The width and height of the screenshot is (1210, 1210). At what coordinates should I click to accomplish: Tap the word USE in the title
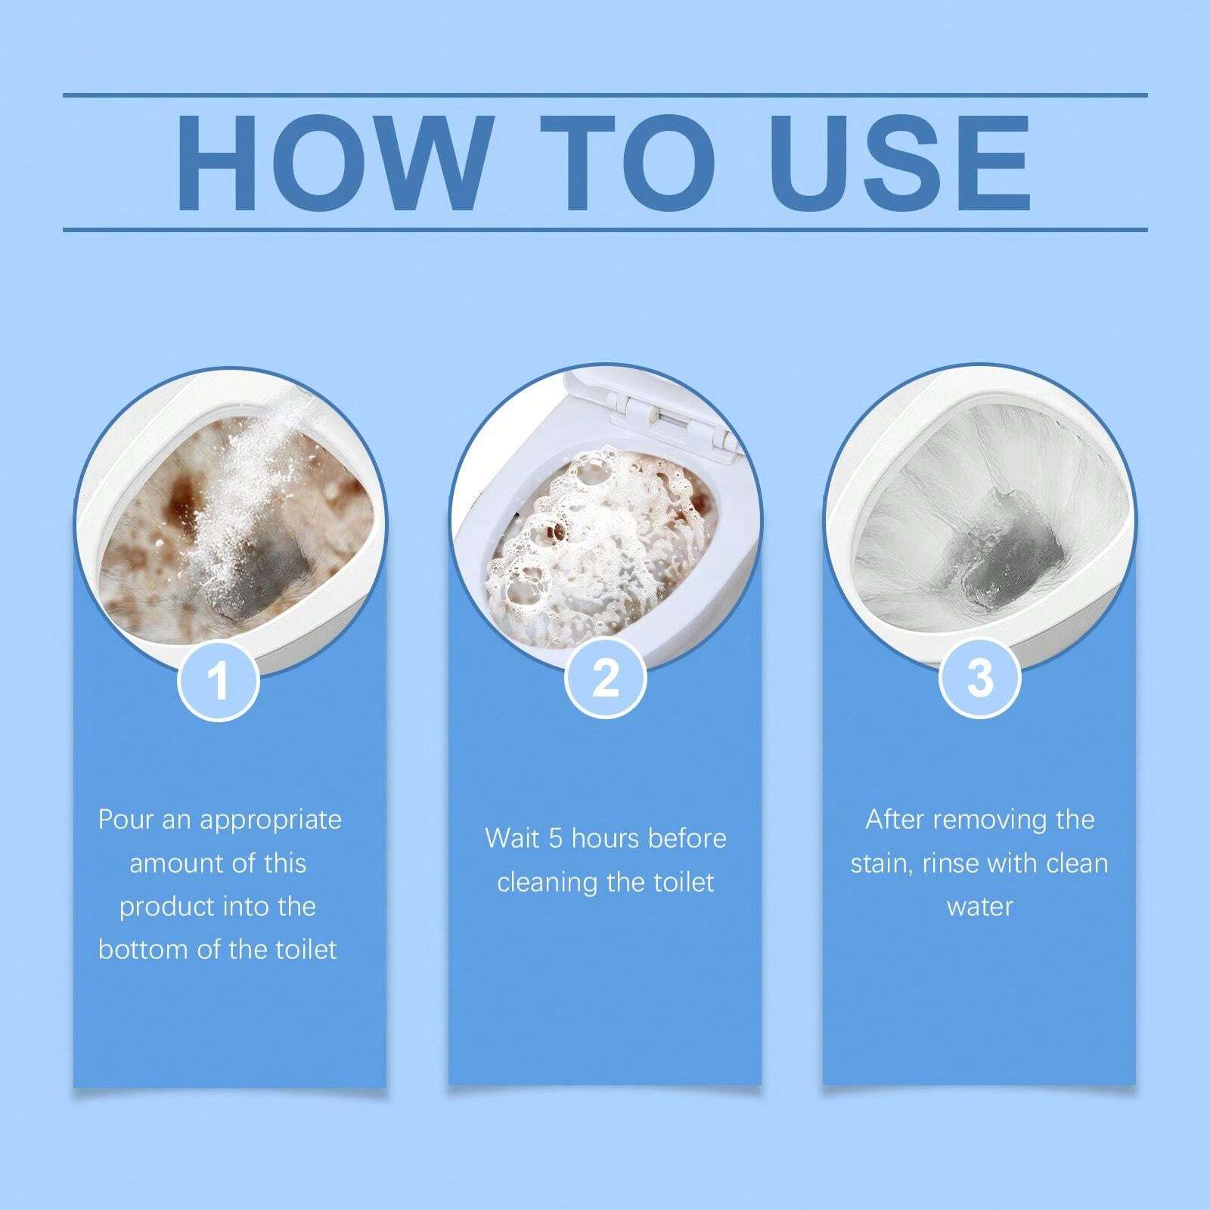pyautogui.click(x=900, y=163)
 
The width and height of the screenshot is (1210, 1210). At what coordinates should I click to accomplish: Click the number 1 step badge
pyautogui.click(x=219, y=680)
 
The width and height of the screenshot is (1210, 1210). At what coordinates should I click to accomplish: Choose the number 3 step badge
pyautogui.click(x=979, y=677)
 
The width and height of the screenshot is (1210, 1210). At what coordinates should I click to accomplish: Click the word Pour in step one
pyautogui.click(x=126, y=820)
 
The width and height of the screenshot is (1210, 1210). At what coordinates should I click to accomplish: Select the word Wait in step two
pyautogui.click(x=512, y=839)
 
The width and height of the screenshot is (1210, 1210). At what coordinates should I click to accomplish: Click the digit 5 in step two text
pyautogui.click(x=557, y=839)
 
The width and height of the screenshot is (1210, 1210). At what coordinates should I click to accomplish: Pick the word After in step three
pyautogui.click(x=895, y=820)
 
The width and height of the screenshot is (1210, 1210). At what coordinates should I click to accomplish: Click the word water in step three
pyautogui.click(x=979, y=906)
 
